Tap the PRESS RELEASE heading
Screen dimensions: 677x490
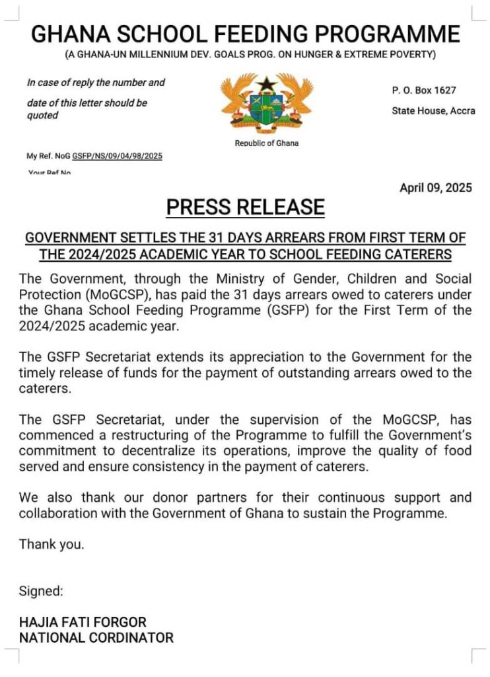[x=245, y=207]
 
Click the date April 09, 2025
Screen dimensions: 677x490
[x=436, y=188]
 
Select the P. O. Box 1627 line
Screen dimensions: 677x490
[x=423, y=90]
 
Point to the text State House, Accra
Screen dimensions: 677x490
[x=433, y=110]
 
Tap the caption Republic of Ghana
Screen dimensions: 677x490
[x=267, y=143]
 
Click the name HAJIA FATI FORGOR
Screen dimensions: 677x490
[x=83, y=622]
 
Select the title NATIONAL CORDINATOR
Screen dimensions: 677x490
[x=96, y=638]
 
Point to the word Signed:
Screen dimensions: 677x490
[x=41, y=591]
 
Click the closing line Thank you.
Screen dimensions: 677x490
[x=52, y=545]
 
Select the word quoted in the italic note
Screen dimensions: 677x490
[x=42, y=116]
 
